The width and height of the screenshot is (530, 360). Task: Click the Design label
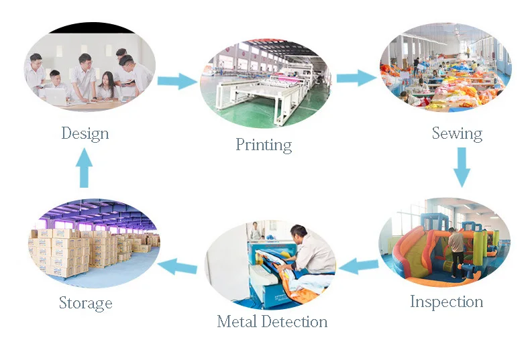pos(85,133)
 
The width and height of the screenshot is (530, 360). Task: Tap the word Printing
pos(264,145)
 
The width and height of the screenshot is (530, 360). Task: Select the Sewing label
pos(457,133)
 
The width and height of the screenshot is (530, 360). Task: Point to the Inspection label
pos(446,302)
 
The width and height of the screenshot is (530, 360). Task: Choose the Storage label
pos(85,303)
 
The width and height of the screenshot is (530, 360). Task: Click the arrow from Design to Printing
pos(177,82)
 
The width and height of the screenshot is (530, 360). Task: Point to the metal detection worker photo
pos(270,261)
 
